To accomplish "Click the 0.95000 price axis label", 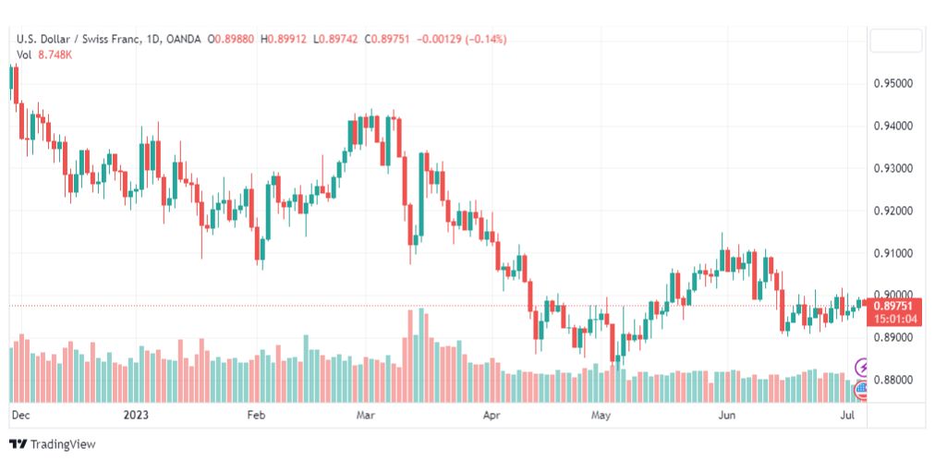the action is point(893,83).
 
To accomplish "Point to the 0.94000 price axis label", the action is point(893,126).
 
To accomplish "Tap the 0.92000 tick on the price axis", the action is point(893,211).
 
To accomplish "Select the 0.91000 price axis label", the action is point(893,254).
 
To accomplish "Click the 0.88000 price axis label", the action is point(893,380).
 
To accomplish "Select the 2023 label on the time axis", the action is point(136,415).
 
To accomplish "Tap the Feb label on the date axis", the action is point(257,415).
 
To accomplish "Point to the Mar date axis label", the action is point(365,415).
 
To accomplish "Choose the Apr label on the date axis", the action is point(492,415).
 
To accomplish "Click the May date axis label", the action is point(601,415).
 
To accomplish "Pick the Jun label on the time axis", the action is point(727,415).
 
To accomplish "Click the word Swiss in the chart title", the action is point(96,40).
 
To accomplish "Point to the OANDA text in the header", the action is point(184,40).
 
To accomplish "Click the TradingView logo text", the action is point(63,444).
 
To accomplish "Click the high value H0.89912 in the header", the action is point(284,40).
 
